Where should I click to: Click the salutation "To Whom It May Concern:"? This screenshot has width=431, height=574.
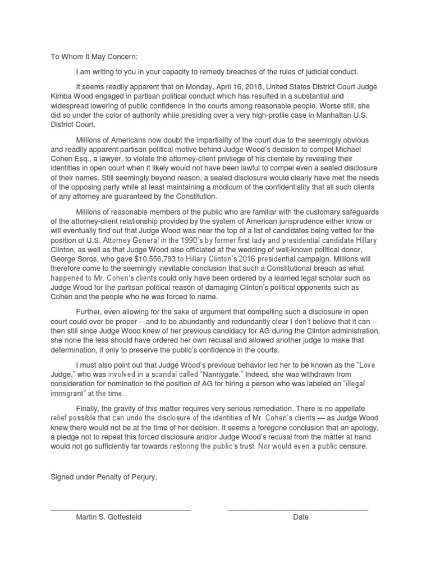pos(94,57)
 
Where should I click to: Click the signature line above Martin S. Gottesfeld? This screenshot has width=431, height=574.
pos(121,509)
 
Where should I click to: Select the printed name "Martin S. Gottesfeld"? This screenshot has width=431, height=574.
pos(109,517)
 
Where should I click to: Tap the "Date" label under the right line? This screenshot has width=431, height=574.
pos(301,517)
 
